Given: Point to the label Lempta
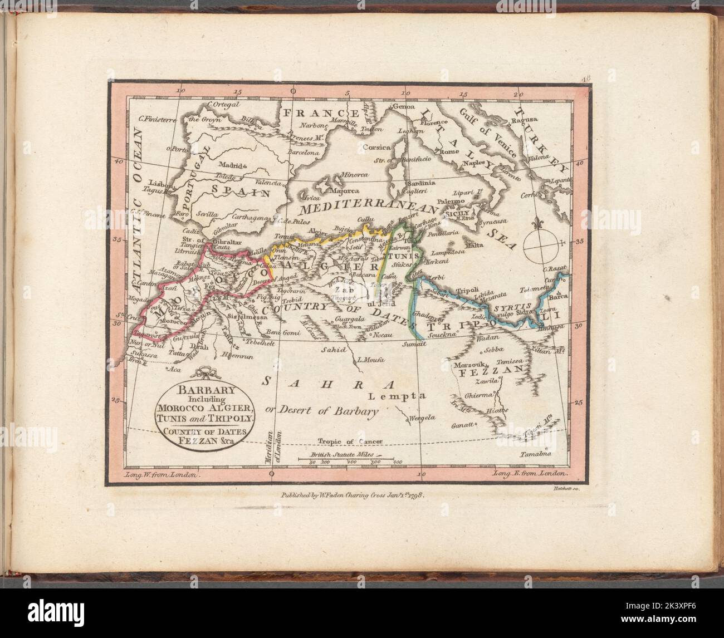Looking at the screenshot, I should tap(397, 396).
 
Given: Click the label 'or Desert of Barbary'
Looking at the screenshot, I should tap(329, 413).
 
